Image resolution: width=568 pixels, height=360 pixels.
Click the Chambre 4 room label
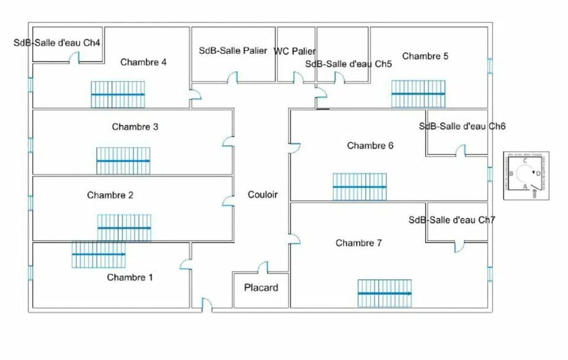pyautogui.click(x=143, y=62)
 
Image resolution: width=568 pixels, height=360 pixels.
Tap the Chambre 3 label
pyautogui.click(x=135, y=127)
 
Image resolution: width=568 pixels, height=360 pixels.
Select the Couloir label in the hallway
pyautogui.click(x=262, y=195)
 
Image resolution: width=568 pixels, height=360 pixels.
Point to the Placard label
pyautogui.click(x=261, y=287)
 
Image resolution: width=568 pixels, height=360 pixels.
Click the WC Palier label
pyautogui.click(x=295, y=51)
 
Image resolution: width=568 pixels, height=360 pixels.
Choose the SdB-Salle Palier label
pyautogui.click(x=233, y=51)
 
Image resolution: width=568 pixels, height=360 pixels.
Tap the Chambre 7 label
pyautogui.click(x=359, y=243)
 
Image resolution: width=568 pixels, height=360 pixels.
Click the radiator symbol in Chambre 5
pyautogui.click(x=418, y=94)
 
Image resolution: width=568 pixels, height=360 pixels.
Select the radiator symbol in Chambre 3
pyautogui.click(x=123, y=160)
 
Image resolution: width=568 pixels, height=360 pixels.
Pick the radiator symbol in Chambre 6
pyautogui.click(x=360, y=187)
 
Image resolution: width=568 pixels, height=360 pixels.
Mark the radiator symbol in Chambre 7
pyautogui.click(x=385, y=293)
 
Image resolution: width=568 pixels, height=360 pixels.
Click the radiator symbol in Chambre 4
pyautogui.click(x=118, y=94)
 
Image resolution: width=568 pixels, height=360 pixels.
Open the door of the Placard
pyautogui.click(x=263, y=268)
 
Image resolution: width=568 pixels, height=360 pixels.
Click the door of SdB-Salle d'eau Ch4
pyautogui.click(x=74, y=58)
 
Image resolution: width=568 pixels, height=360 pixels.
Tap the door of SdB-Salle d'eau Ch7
pyautogui.click(x=459, y=246)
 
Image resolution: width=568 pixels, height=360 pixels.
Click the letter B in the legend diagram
pyautogui.click(x=511, y=174)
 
